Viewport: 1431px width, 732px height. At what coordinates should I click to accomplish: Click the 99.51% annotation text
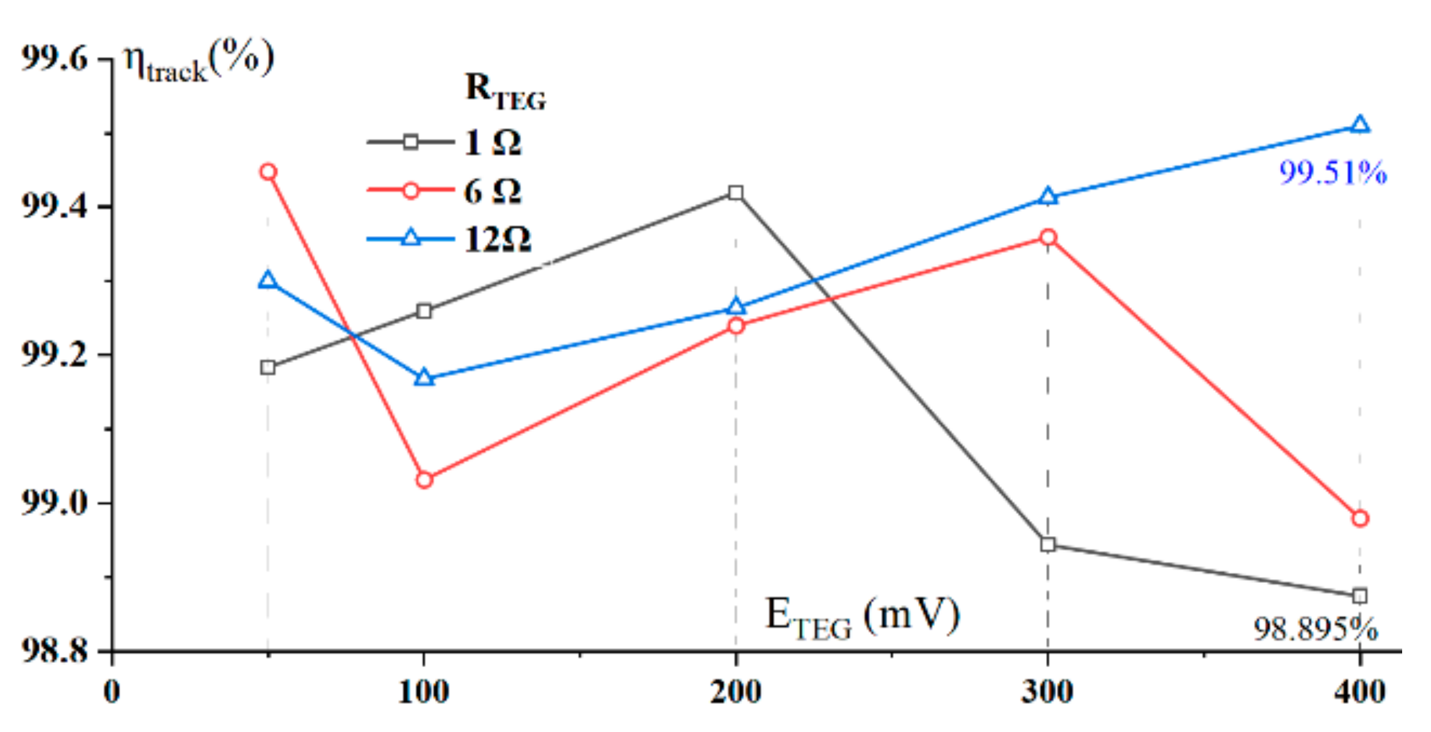[1332, 173]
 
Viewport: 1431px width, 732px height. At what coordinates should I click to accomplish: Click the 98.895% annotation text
[1315, 630]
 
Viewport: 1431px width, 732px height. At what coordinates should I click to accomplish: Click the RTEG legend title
[505, 91]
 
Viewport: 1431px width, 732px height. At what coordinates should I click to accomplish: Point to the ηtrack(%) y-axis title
[198, 61]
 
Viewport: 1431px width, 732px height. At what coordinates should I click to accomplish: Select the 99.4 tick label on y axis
[54, 207]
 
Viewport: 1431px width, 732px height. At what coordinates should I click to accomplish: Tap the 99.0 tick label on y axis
[54, 503]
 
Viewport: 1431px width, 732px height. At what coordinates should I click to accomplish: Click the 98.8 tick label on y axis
[54, 651]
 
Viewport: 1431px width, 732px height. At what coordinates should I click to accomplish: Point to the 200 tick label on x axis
[735, 692]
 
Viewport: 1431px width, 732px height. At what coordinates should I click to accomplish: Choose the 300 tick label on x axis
[1047, 692]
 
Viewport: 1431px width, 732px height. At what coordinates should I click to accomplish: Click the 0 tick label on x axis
[112, 692]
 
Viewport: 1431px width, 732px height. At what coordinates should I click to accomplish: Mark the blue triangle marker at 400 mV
[1360, 125]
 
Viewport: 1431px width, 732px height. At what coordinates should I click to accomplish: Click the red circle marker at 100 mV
[424, 480]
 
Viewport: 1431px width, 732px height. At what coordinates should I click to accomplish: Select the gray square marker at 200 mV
[735, 193]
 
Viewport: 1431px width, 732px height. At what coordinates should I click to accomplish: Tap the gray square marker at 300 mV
[1048, 545]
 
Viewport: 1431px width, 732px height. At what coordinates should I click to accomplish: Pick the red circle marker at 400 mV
[1360, 519]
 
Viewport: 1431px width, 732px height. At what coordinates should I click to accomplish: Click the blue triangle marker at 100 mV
[424, 378]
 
